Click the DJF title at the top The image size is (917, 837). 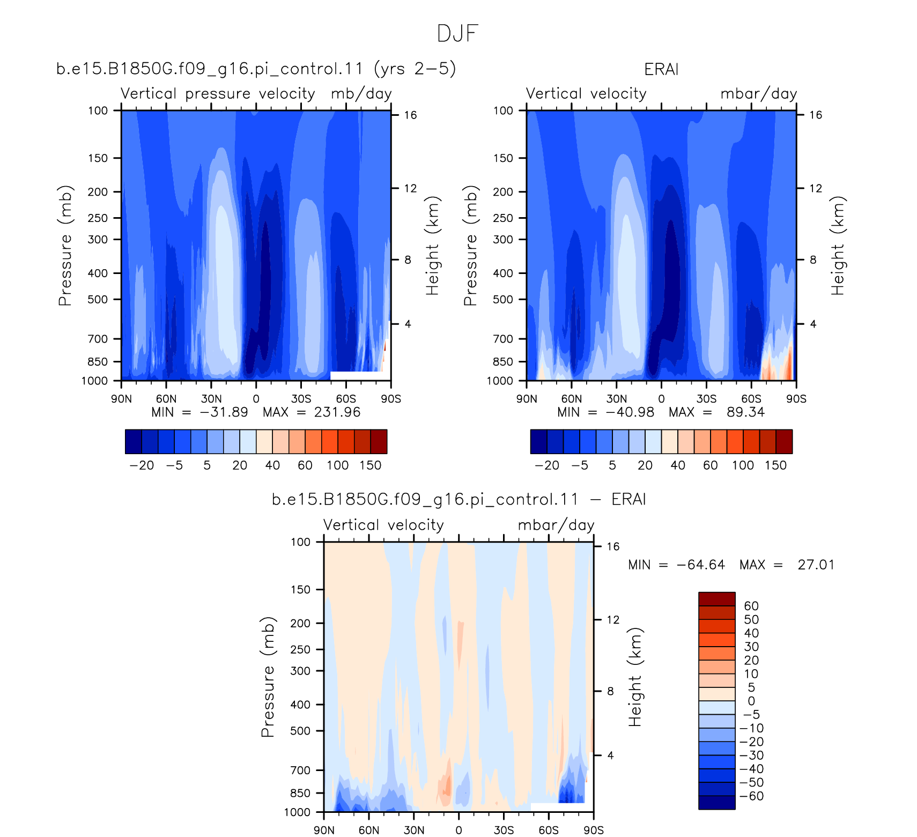coord(457,33)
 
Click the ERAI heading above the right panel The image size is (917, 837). coord(661,69)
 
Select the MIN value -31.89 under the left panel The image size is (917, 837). coord(224,412)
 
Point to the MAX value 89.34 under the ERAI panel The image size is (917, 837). coord(745,412)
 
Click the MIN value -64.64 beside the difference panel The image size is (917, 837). coord(700,565)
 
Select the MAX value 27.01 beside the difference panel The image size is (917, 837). coord(816,565)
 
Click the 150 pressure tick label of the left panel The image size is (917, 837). coord(98,158)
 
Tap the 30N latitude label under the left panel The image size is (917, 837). coord(211,398)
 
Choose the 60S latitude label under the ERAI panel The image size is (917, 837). coord(751,398)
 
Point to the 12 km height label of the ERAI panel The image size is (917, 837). coord(815,188)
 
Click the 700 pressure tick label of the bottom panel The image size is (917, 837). coord(300,770)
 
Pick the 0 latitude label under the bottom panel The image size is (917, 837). coord(458,830)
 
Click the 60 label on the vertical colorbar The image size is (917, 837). coord(751,606)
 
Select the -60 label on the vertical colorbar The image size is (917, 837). coord(752,796)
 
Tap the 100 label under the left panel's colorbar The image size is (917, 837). coord(338,465)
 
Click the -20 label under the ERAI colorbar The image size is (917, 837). coord(547,465)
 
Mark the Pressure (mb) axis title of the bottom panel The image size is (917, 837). coord(268,677)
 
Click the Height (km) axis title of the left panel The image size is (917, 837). coord(432,246)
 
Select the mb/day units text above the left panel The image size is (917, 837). coord(361,94)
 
